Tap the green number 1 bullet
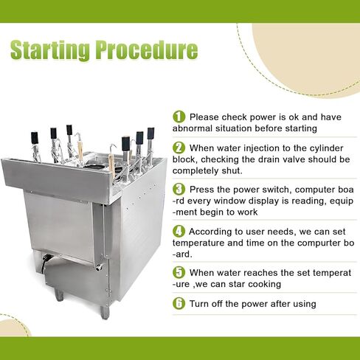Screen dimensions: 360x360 click(x=179, y=117)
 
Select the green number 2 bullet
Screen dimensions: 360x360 click(x=179, y=148)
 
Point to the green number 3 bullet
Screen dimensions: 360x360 click(x=179, y=189)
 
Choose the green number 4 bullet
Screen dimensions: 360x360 click(x=179, y=231)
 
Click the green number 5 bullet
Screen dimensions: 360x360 click(x=179, y=271)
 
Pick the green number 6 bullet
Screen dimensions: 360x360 click(x=179, y=302)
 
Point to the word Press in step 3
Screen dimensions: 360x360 click(x=203, y=189)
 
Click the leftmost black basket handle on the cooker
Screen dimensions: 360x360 click(x=34, y=137)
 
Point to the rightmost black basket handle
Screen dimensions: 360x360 click(x=150, y=134)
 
